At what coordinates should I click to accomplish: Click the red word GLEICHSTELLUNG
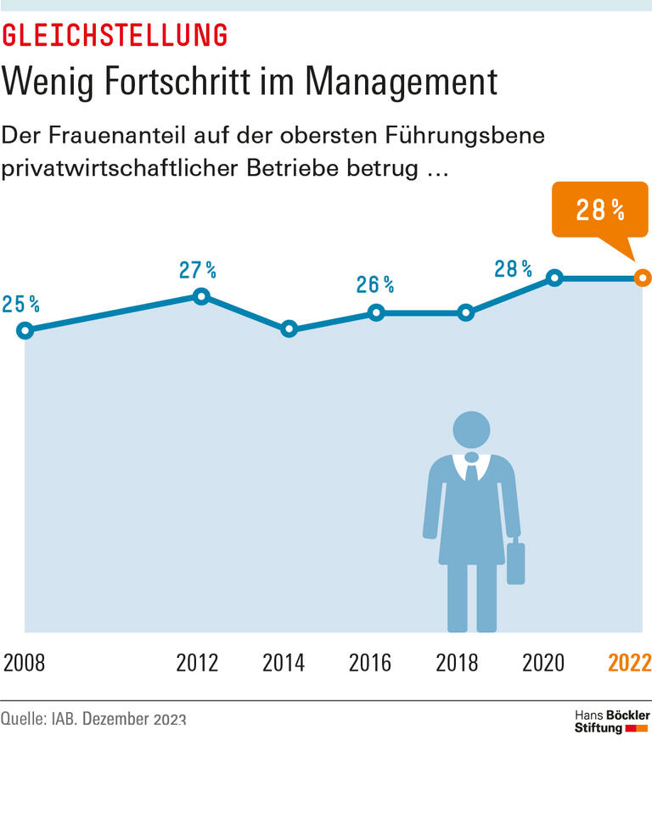[x=115, y=35]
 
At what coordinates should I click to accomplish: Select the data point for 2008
[x=25, y=330]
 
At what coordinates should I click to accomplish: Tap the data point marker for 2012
[x=201, y=296]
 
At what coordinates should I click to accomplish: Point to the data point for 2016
[x=377, y=312]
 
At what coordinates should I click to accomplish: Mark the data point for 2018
[x=465, y=312]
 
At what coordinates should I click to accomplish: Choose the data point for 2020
[x=554, y=278]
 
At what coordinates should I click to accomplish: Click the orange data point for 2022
[x=643, y=278]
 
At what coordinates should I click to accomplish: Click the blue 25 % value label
[x=20, y=304]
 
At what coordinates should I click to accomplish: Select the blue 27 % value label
[x=197, y=270]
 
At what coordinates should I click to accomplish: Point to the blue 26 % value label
[x=374, y=284]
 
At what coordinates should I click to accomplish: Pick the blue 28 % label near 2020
[x=513, y=269]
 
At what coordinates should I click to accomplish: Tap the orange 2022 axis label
[x=629, y=663]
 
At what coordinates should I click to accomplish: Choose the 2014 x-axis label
[x=284, y=663]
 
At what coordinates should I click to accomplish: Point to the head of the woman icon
[x=469, y=430]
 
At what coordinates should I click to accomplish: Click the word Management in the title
[x=401, y=82]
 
